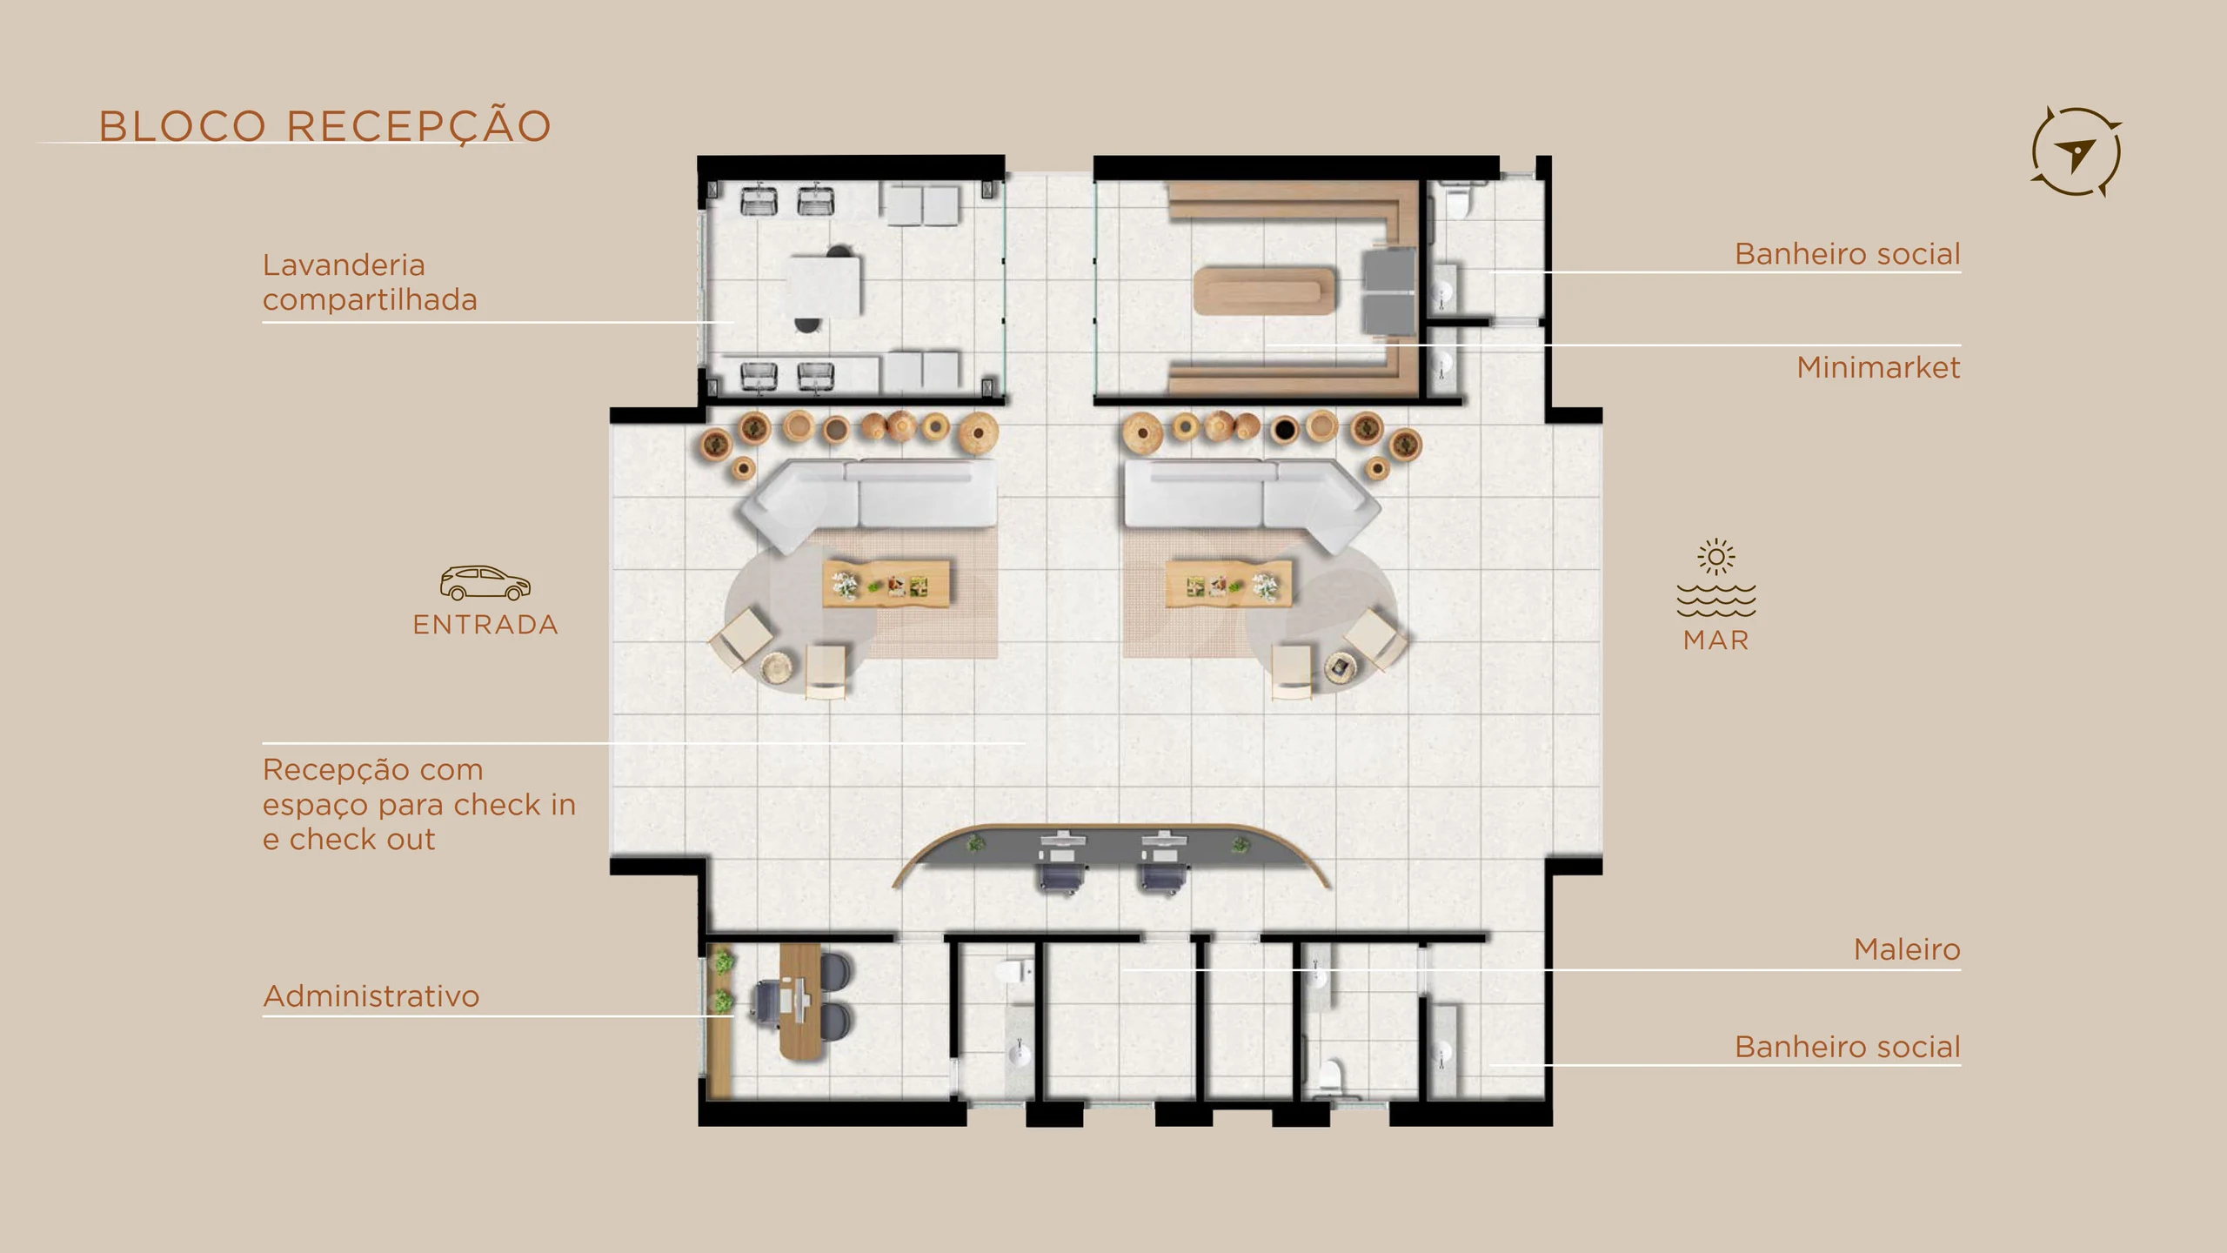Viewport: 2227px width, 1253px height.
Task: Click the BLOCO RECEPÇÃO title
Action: pos(324,126)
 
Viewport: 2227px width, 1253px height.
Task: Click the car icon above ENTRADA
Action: pos(485,583)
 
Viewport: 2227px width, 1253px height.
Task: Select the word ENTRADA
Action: pos(485,625)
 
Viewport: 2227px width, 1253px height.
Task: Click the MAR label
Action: pos(1715,640)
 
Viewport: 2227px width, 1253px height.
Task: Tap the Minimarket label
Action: pos(1878,367)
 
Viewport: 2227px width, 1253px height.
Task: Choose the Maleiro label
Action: pos(1907,949)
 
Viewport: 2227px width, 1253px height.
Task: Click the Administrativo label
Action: pos(371,996)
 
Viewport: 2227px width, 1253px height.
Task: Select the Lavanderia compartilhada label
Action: pos(370,282)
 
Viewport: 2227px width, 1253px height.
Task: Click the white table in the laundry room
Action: pos(826,286)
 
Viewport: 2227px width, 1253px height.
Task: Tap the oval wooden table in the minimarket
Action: pos(1264,291)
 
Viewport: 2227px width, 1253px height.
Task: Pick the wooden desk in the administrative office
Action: pos(799,1002)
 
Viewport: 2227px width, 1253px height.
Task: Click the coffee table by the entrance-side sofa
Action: pos(886,584)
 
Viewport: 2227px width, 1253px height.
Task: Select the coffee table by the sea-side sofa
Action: pos(1228,584)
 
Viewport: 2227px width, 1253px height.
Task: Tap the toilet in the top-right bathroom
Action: pos(1457,199)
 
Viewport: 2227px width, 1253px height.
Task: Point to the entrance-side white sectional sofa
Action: pos(870,503)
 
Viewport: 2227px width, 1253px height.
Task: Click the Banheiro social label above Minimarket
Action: pos(1847,254)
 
